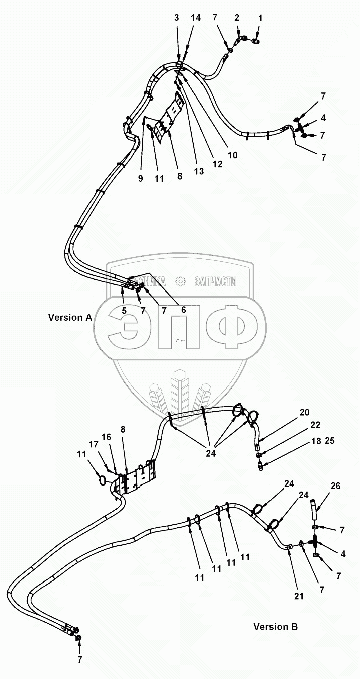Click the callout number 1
click(260, 18)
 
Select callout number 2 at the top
click(237, 18)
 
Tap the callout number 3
click(176, 18)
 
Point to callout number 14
click(196, 18)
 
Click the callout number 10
click(232, 155)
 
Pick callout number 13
click(199, 172)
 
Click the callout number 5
click(124, 310)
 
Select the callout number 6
click(183, 310)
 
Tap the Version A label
click(70, 318)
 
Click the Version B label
click(275, 627)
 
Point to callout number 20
click(305, 413)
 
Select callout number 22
click(315, 425)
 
